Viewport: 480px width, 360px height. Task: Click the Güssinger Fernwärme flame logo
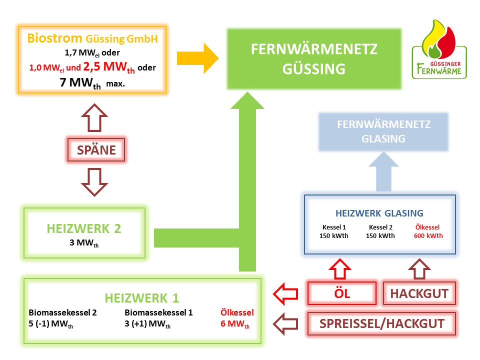pos(438,49)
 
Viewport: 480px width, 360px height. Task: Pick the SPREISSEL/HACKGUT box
pos(381,323)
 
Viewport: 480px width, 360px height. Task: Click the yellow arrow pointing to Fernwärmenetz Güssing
pos(198,58)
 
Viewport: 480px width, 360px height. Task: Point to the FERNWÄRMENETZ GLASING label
pos(383,131)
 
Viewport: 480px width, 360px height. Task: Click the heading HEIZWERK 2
pos(84,228)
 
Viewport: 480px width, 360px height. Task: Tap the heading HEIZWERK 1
pos(141,298)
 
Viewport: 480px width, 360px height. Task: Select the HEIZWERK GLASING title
pos(379,213)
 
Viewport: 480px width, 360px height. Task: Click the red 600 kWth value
pos(428,236)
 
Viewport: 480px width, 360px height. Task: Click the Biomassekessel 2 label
pos(62,312)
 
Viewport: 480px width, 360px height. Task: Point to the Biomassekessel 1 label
pos(158,312)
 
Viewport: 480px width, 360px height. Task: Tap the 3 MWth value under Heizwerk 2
pos(84,244)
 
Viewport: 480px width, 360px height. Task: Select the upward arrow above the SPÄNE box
pos(95,118)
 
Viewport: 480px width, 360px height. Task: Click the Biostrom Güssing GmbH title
pos(91,38)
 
